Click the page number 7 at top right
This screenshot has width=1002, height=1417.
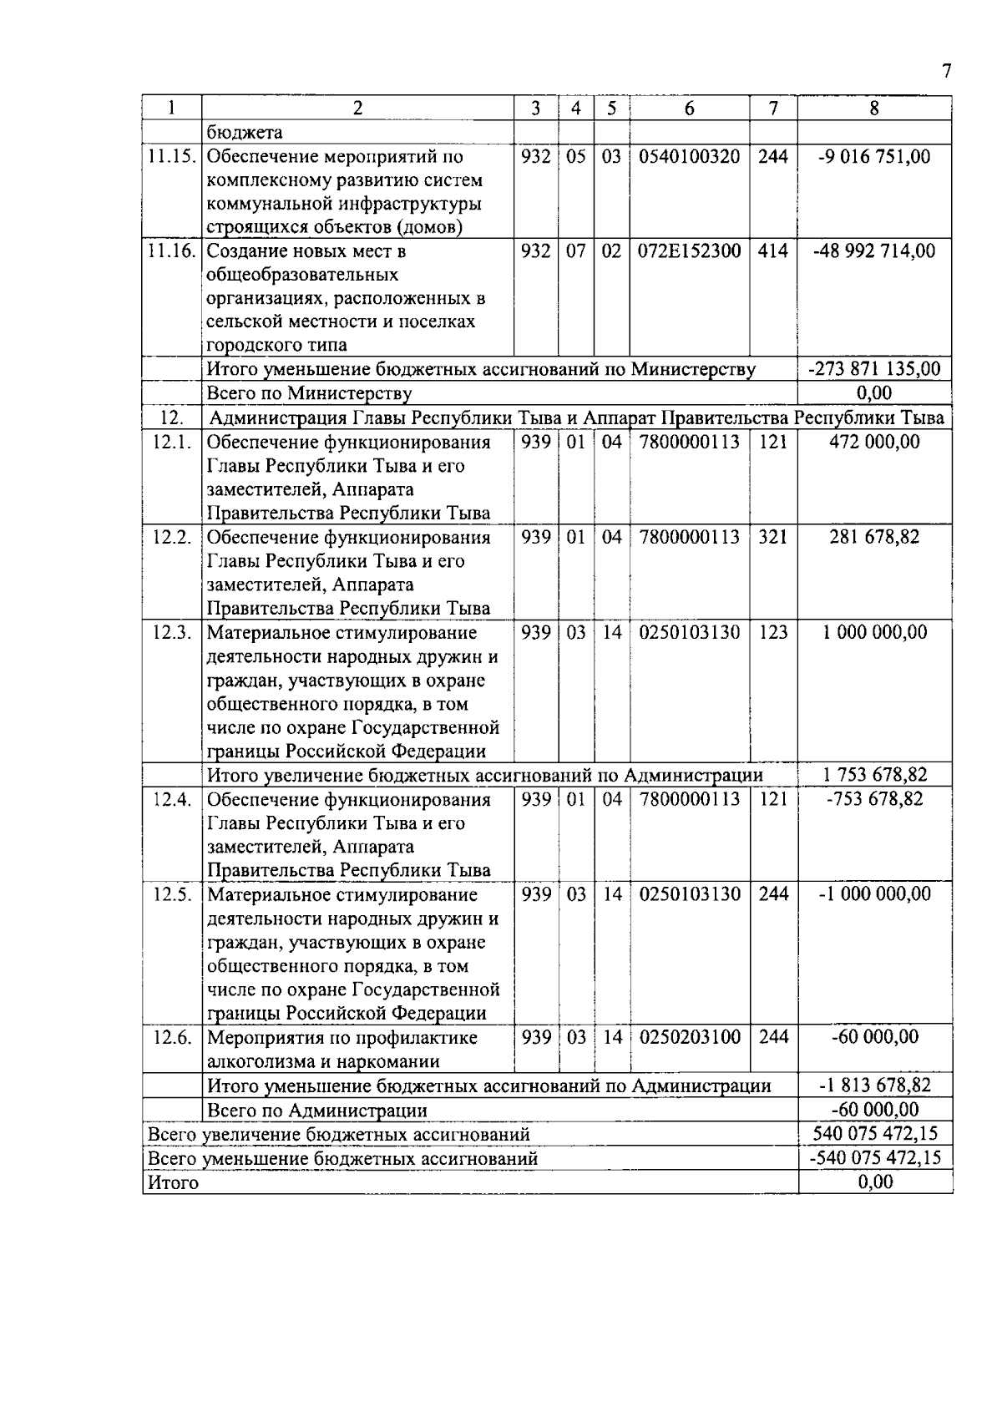(946, 72)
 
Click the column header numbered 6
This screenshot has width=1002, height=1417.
(689, 109)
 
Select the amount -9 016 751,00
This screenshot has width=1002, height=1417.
(874, 156)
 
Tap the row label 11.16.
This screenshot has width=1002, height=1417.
(171, 251)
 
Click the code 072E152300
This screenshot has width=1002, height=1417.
(689, 251)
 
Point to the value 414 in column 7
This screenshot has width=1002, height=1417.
(772, 251)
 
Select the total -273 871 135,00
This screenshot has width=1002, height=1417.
(874, 369)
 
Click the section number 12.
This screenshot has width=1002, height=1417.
(171, 418)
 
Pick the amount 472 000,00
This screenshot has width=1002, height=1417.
(874, 442)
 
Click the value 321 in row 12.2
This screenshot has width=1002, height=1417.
(772, 537)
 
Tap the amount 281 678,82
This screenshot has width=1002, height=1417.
(874, 537)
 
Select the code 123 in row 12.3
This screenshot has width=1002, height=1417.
(772, 632)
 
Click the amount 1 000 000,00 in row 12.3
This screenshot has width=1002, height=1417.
(874, 632)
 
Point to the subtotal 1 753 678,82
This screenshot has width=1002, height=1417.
(874, 775)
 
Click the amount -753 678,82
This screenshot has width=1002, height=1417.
(874, 799)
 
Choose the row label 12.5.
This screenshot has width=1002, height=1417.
(171, 894)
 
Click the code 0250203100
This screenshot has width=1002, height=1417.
(689, 1037)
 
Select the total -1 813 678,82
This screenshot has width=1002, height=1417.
(874, 1086)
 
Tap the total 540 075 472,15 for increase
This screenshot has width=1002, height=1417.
(874, 1134)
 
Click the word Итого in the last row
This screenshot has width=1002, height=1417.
(173, 1182)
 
